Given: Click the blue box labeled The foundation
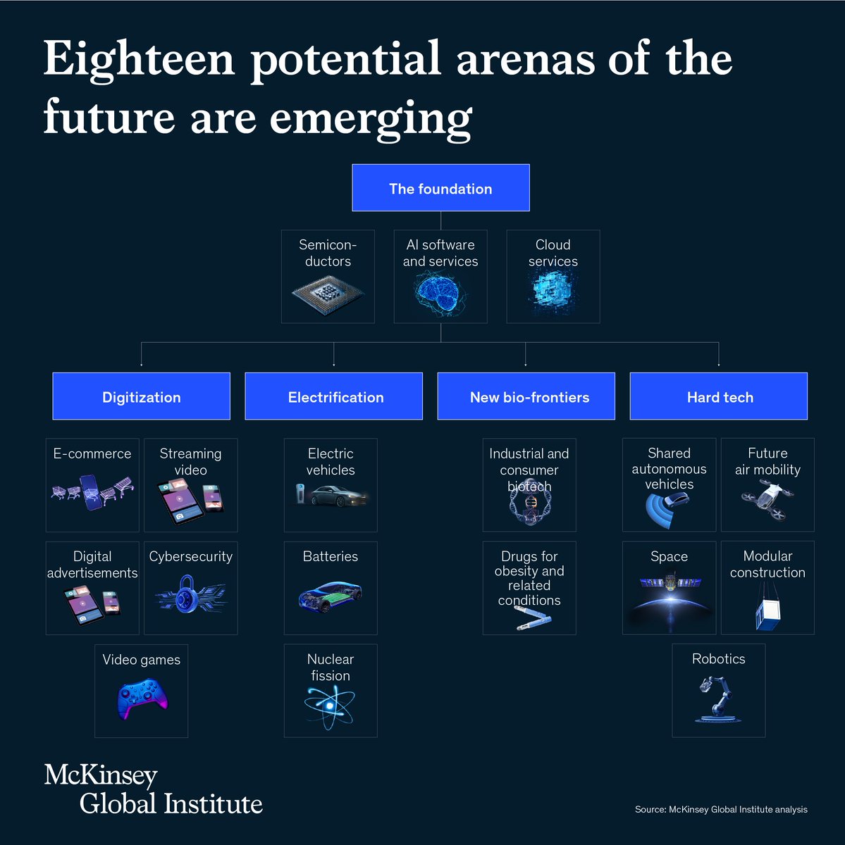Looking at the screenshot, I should tap(440, 188).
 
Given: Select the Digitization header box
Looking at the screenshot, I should tap(141, 396).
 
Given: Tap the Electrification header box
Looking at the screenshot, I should tap(334, 396).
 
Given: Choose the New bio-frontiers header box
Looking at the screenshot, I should tap(526, 396).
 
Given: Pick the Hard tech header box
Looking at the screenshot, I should tap(719, 396).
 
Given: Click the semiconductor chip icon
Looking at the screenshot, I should tap(328, 294).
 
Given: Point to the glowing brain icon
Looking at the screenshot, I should tap(440, 293).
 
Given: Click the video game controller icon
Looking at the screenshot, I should tap(142, 698).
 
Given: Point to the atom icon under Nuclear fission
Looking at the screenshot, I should tap(331, 706).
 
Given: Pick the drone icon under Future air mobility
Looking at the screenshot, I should tap(767, 499).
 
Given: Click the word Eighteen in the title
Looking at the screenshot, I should tap(138, 59).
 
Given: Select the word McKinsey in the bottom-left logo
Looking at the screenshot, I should tap(101, 775).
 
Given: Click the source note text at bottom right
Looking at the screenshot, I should tap(721, 809).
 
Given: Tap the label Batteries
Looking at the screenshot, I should tap(331, 556).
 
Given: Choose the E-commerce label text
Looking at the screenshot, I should tap(92, 454).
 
